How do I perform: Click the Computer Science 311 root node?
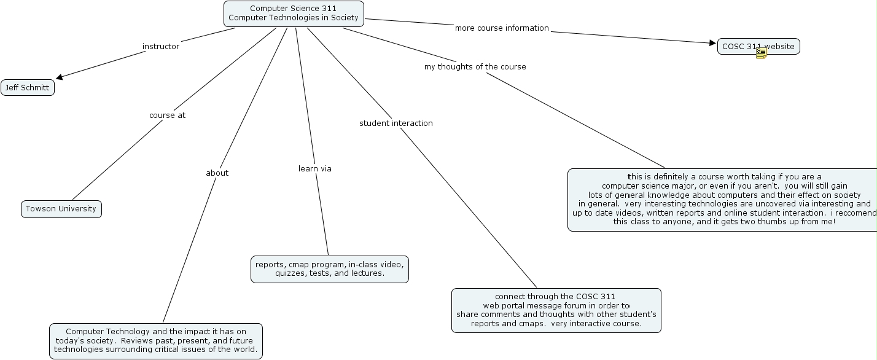point(294,14)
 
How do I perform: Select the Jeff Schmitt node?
point(28,88)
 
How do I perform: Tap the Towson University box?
point(61,209)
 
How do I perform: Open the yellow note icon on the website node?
point(762,53)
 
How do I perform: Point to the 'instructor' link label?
point(161,47)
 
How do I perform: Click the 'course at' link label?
point(167,115)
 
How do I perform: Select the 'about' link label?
point(217,173)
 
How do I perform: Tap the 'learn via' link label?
point(314,169)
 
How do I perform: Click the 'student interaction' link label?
point(396,123)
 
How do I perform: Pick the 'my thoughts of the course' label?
point(475,67)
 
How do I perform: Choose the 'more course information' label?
point(502,28)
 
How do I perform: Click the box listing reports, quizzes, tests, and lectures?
point(329,269)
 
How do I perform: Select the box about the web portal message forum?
point(556,310)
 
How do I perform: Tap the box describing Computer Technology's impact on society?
point(155,341)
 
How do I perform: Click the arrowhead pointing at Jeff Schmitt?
point(60,77)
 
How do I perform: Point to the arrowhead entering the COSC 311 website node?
point(712,43)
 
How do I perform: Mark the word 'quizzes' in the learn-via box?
point(289,273)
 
